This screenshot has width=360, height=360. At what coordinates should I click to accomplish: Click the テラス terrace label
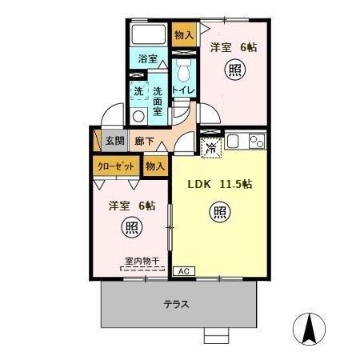[x=176, y=304]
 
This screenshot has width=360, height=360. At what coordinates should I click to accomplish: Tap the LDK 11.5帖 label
[x=220, y=184]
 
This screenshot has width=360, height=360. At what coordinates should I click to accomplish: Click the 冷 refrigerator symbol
[x=211, y=146]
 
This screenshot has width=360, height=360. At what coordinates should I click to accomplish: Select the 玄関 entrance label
[x=114, y=140]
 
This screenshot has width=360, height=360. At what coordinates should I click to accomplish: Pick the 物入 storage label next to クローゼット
[x=155, y=166]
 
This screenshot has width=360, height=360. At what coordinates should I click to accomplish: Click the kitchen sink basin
[x=236, y=143]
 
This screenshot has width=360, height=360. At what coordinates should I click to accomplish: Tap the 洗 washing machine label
[x=138, y=92]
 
